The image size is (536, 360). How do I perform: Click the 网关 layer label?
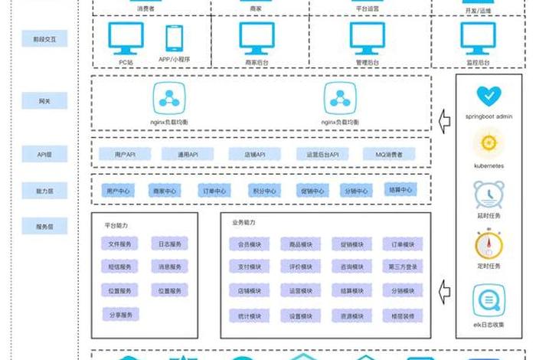[44, 101]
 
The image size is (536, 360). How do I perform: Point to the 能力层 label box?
[44, 190]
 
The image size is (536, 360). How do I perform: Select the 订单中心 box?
[212, 191]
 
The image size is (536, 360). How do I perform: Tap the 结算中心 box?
[400, 189]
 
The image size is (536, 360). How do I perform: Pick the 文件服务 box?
[119, 245]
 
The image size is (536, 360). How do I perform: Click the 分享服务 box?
[119, 315]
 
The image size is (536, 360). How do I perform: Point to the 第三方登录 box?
[401, 267]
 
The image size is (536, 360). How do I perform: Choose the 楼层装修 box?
[401, 315]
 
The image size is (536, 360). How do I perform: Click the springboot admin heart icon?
[488, 97]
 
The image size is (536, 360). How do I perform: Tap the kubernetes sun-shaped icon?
[488, 142]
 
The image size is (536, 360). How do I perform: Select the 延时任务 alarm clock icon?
[488, 195]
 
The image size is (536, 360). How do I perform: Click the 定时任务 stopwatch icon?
[488, 244]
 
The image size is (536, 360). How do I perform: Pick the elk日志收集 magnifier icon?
[488, 299]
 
